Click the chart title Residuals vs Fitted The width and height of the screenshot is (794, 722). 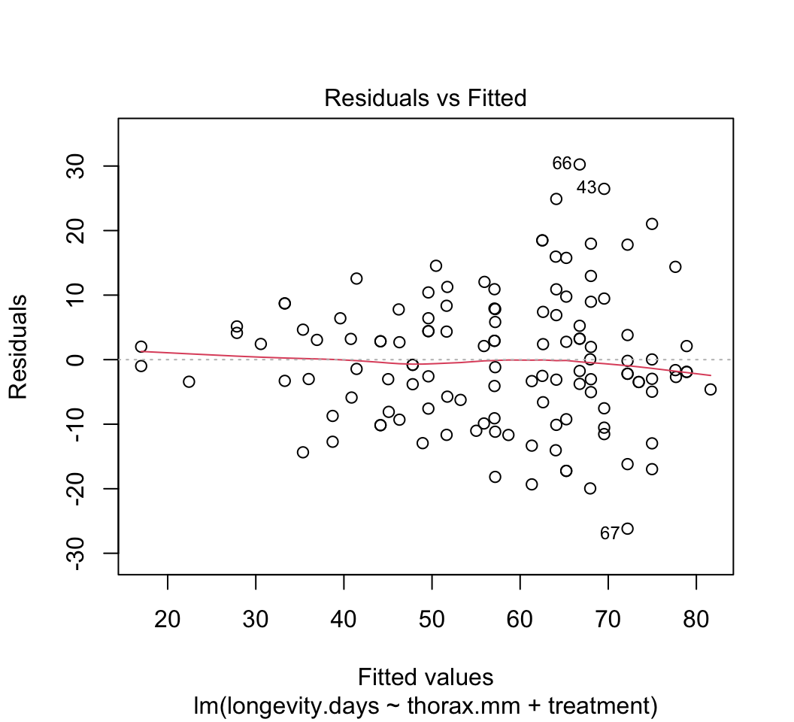pos(425,98)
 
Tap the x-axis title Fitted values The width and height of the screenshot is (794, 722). pos(425,677)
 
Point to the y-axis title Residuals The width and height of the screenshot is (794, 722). pos(18,346)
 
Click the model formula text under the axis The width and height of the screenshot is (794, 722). pos(425,705)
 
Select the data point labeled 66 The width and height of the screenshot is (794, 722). pos(579,164)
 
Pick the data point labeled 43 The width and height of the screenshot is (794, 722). pos(604,189)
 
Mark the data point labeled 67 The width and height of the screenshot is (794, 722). pos(627,529)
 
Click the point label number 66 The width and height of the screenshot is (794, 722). pos(562,163)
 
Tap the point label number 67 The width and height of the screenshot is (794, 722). pos(609,533)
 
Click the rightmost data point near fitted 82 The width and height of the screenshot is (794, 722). pos(711,389)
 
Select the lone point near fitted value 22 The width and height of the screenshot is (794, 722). pos(189,381)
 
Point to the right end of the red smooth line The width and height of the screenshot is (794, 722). pos(710,375)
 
